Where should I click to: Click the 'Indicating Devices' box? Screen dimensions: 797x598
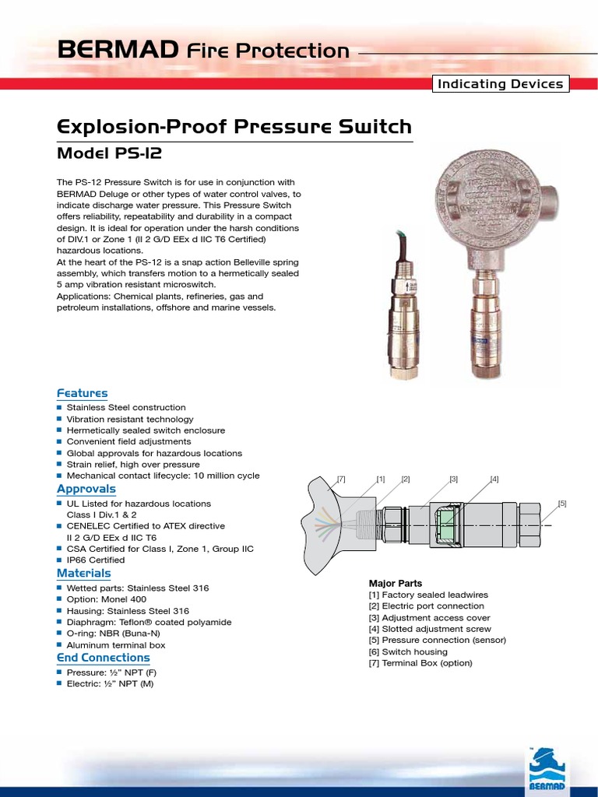501,84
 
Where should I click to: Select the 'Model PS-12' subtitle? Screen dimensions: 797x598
110,153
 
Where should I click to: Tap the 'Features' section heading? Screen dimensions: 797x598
82,393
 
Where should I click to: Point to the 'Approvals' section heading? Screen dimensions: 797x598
86,489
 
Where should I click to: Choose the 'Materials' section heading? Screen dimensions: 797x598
83,573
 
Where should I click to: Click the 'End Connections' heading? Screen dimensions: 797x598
103,658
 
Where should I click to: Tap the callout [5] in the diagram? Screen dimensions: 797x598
562,504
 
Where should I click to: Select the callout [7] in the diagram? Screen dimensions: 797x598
341,479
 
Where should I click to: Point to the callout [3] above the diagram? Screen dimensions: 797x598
454,479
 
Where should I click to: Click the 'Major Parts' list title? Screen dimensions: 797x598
395,583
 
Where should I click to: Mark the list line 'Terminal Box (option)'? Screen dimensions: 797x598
420,663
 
